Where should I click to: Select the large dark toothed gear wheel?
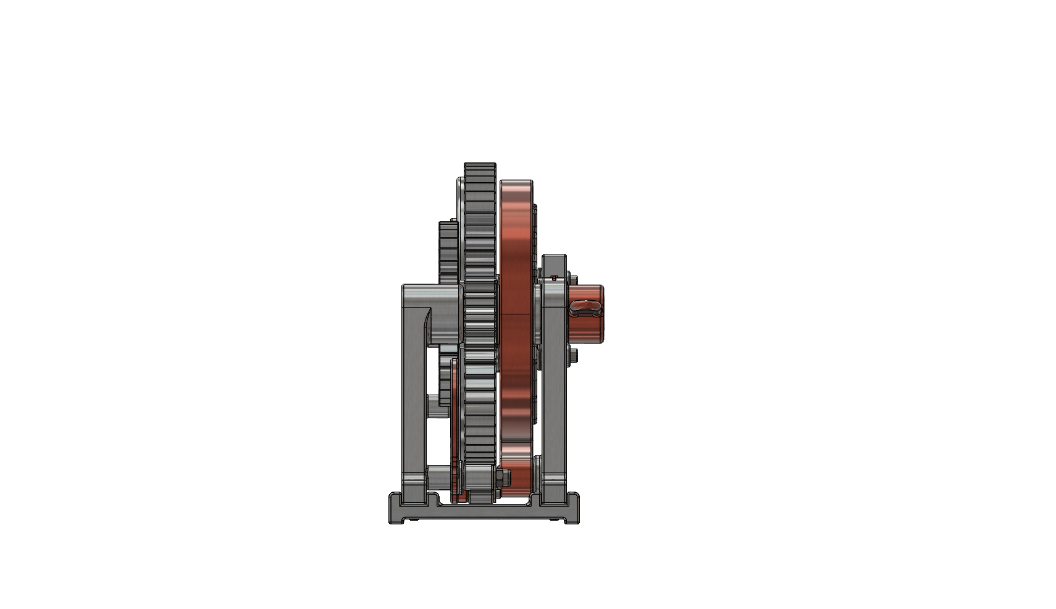click(480, 309)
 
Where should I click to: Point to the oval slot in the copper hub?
click(585, 306)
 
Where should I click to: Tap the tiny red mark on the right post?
click(554, 277)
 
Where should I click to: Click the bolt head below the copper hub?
click(573, 355)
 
